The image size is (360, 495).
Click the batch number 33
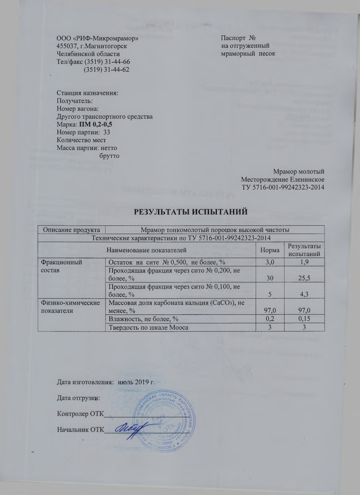106,132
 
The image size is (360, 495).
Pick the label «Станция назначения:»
87,93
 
